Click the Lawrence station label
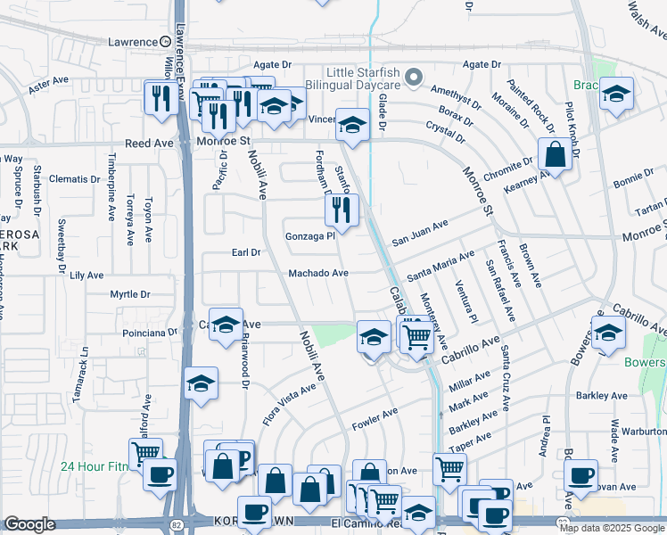(132, 41)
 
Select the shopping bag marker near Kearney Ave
(555, 154)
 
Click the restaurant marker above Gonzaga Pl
(341, 210)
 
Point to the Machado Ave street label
(317, 273)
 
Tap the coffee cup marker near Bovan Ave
(581, 477)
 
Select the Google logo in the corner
(29, 524)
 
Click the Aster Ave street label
(49, 85)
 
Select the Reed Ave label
(149, 143)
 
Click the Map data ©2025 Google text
(612, 527)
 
